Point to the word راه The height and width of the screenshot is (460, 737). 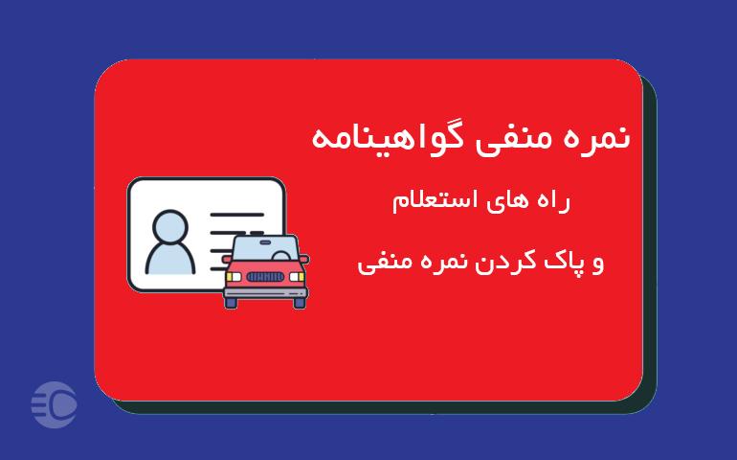pyautogui.click(x=550, y=201)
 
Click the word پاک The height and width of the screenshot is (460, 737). pyautogui.click(x=561, y=262)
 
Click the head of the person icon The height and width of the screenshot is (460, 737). pyautogui.click(x=170, y=227)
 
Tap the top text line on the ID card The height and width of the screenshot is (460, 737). pyautogui.click(x=237, y=215)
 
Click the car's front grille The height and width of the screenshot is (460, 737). pyautogui.click(x=265, y=277)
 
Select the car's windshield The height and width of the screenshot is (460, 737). pyautogui.click(x=265, y=249)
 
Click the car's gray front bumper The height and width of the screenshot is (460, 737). pyautogui.click(x=265, y=293)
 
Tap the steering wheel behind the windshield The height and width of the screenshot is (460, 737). pyautogui.click(x=281, y=256)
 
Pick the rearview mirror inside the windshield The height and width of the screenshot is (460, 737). pyautogui.click(x=265, y=242)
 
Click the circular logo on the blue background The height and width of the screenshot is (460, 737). pyautogui.click(x=54, y=405)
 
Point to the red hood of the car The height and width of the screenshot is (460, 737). pyautogui.click(x=265, y=265)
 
